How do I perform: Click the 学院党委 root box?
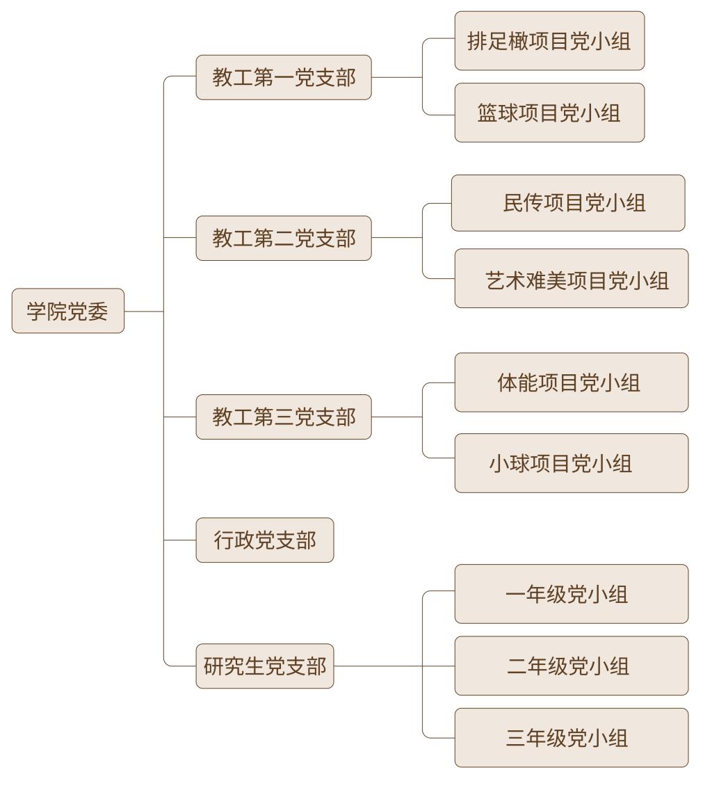(68, 311)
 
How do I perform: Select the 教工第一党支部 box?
(284, 77)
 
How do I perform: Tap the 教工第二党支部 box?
(284, 238)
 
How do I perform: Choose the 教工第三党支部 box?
(284, 417)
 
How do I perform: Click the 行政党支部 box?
(264, 540)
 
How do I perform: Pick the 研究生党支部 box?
(264, 666)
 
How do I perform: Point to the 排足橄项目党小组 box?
(549, 40)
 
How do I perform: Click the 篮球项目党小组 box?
(549, 113)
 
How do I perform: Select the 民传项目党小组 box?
(567, 202)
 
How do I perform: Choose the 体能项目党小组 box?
(571, 383)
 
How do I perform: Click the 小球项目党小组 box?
(571, 463)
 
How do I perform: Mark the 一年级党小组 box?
(571, 594)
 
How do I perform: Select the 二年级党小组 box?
(571, 666)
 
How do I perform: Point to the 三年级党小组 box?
(571, 737)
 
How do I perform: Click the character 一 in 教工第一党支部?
(284, 78)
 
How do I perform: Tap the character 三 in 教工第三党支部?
(284, 417)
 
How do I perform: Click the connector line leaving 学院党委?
(143, 312)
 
